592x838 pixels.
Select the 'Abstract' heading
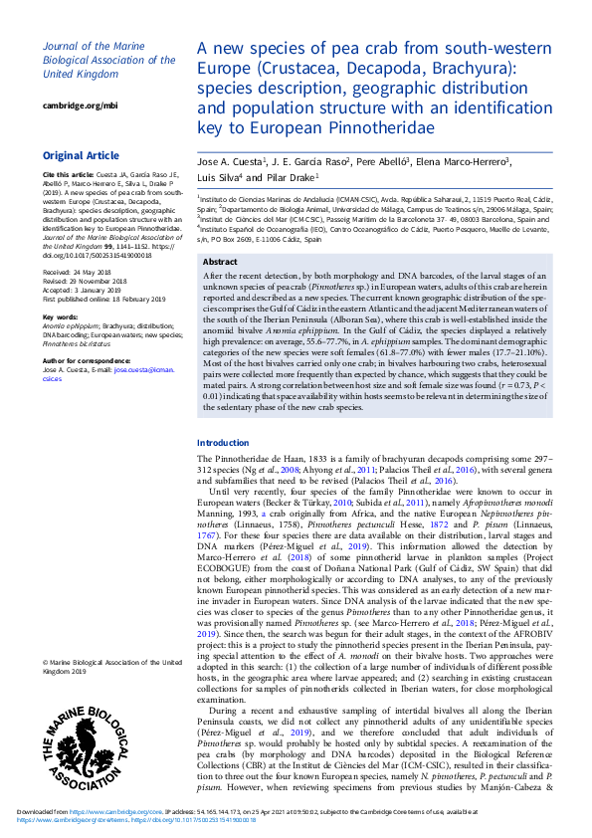click(x=220, y=262)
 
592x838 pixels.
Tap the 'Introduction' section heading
click(x=223, y=443)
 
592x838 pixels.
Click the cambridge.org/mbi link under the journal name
click(x=80, y=105)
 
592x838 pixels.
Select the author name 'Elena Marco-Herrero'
click(x=471, y=160)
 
